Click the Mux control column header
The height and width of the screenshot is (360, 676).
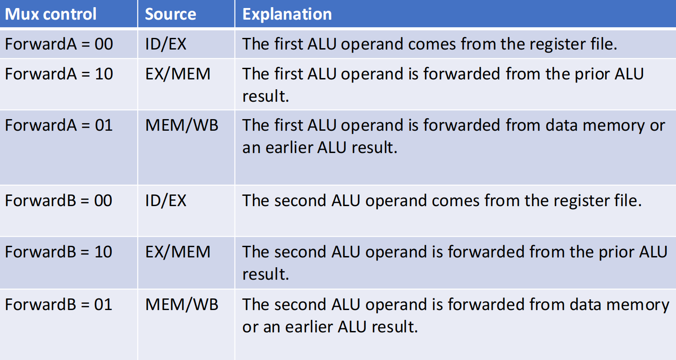tap(51, 14)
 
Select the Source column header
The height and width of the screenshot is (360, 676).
tap(170, 14)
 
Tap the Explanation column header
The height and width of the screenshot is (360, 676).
tap(287, 14)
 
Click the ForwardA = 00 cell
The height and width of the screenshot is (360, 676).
tap(59, 44)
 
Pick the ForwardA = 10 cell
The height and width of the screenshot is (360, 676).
tap(59, 74)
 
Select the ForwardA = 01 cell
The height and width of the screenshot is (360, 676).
tap(59, 125)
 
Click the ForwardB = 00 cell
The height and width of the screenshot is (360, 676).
tap(58, 201)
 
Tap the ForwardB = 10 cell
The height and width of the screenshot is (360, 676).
tap(58, 252)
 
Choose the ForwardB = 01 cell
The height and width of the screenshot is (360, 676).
tap(58, 304)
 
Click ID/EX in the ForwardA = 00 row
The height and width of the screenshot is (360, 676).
tap(166, 44)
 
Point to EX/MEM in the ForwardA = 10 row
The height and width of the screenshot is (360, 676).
tap(178, 74)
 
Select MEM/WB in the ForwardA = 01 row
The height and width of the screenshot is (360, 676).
tap(181, 125)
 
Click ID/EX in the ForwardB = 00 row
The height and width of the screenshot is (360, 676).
tap(166, 201)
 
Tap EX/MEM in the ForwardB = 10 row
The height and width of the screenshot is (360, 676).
tap(178, 252)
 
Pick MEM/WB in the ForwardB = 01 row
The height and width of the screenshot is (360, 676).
tap(181, 304)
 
